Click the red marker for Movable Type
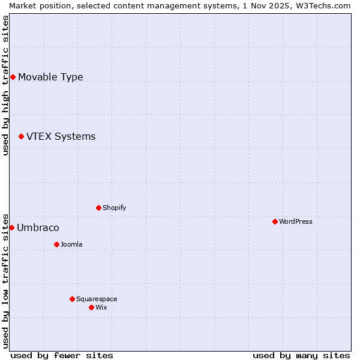(13, 77)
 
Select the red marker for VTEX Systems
(21, 137)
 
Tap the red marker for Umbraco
(11, 228)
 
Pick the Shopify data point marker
(98, 208)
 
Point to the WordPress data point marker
(275, 221)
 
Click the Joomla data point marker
(56, 244)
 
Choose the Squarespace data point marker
(72, 299)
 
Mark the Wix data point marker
(91, 307)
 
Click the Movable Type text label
(50, 77)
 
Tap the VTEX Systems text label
(61, 137)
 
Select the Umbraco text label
(38, 228)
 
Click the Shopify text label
(114, 208)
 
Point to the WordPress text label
(295, 221)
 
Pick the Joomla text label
(71, 244)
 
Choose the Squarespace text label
(97, 299)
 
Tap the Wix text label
(101, 307)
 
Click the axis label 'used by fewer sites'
(62, 355)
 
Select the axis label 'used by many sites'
(301, 355)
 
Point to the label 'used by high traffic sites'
(5, 85)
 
